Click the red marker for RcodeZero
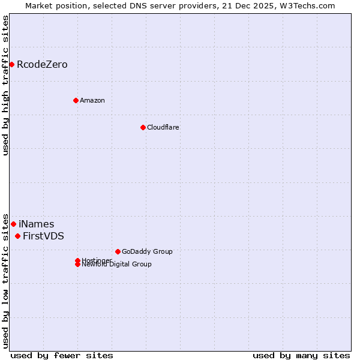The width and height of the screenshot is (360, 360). (x=11, y=64)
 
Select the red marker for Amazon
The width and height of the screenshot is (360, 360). (x=76, y=100)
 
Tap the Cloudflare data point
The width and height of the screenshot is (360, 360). (x=143, y=127)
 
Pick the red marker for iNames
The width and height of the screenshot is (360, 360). (x=13, y=224)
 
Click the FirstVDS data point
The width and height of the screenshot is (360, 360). (x=17, y=236)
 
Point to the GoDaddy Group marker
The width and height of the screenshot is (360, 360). (x=118, y=251)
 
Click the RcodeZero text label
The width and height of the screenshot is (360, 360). (x=42, y=64)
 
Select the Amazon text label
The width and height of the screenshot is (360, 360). (x=92, y=100)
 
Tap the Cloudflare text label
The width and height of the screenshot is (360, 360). (x=163, y=127)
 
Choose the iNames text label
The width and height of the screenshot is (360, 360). (x=36, y=224)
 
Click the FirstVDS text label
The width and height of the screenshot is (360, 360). (x=43, y=236)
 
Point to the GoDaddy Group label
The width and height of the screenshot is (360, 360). (x=147, y=251)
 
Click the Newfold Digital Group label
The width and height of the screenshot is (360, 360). (x=117, y=265)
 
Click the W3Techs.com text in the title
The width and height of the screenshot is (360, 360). (x=310, y=5)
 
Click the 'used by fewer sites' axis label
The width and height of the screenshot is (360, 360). (x=62, y=355)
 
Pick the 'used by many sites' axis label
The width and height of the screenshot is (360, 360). (x=301, y=355)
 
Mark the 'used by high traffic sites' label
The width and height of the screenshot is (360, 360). (x=5, y=85)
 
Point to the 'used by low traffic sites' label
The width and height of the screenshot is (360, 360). (x=5, y=281)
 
